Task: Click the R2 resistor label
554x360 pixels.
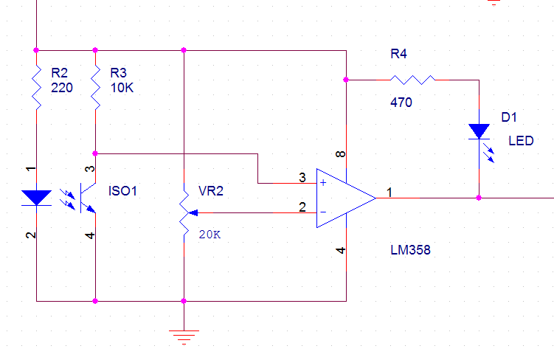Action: (x=59, y=73)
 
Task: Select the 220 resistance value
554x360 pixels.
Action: (x=62, y=88)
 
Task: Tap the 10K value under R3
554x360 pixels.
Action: (x=122, y=88)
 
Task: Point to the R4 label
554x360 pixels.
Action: (x=398, y=54)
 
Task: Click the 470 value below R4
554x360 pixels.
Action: (x=401, y=103)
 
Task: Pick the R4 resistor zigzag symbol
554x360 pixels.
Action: (x=412, y=80)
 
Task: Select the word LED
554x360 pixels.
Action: (x=521, y=141)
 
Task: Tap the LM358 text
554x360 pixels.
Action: (x=411, y=250)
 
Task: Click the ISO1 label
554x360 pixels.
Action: (x=122, y=191)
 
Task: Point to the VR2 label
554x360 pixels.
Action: (x=211, y=191)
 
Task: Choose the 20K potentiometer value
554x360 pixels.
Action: (x=210, y=235)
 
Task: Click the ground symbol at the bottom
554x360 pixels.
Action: (x=184, y=337)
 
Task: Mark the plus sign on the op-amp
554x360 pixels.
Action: (x=323, y=183)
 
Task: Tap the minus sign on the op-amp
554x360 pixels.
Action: (x=323, y=212)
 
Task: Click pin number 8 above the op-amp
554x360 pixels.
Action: (x=340, y=154)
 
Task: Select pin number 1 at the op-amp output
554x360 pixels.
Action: (x=389, y=193)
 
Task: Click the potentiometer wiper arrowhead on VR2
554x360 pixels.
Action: (x=193, y=212)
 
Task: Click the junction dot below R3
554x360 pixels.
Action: (x=95, y=153)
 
